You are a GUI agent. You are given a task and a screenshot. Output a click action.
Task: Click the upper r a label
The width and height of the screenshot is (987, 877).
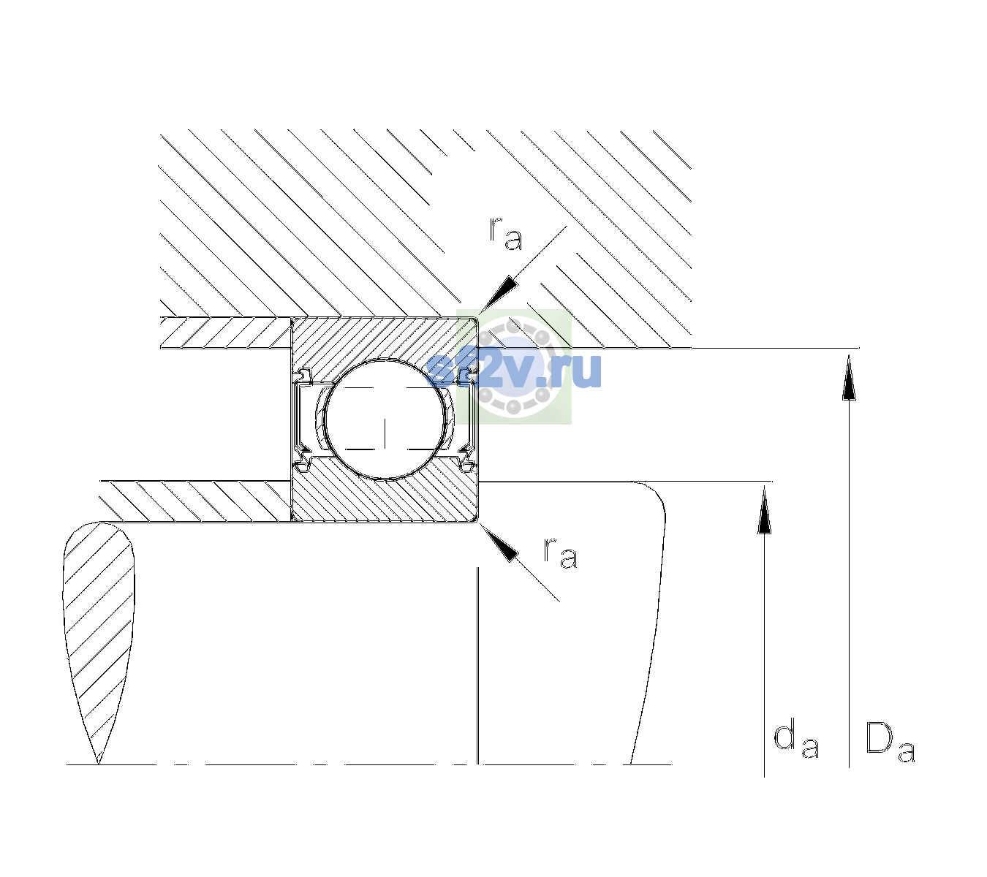(506, 234)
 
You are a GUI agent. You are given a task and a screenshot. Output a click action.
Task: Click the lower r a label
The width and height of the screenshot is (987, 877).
(560, 553)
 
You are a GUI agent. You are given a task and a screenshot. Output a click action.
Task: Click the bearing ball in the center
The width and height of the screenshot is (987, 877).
(385, 419)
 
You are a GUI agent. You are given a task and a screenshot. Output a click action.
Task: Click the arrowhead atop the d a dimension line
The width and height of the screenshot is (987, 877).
(764, 509)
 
